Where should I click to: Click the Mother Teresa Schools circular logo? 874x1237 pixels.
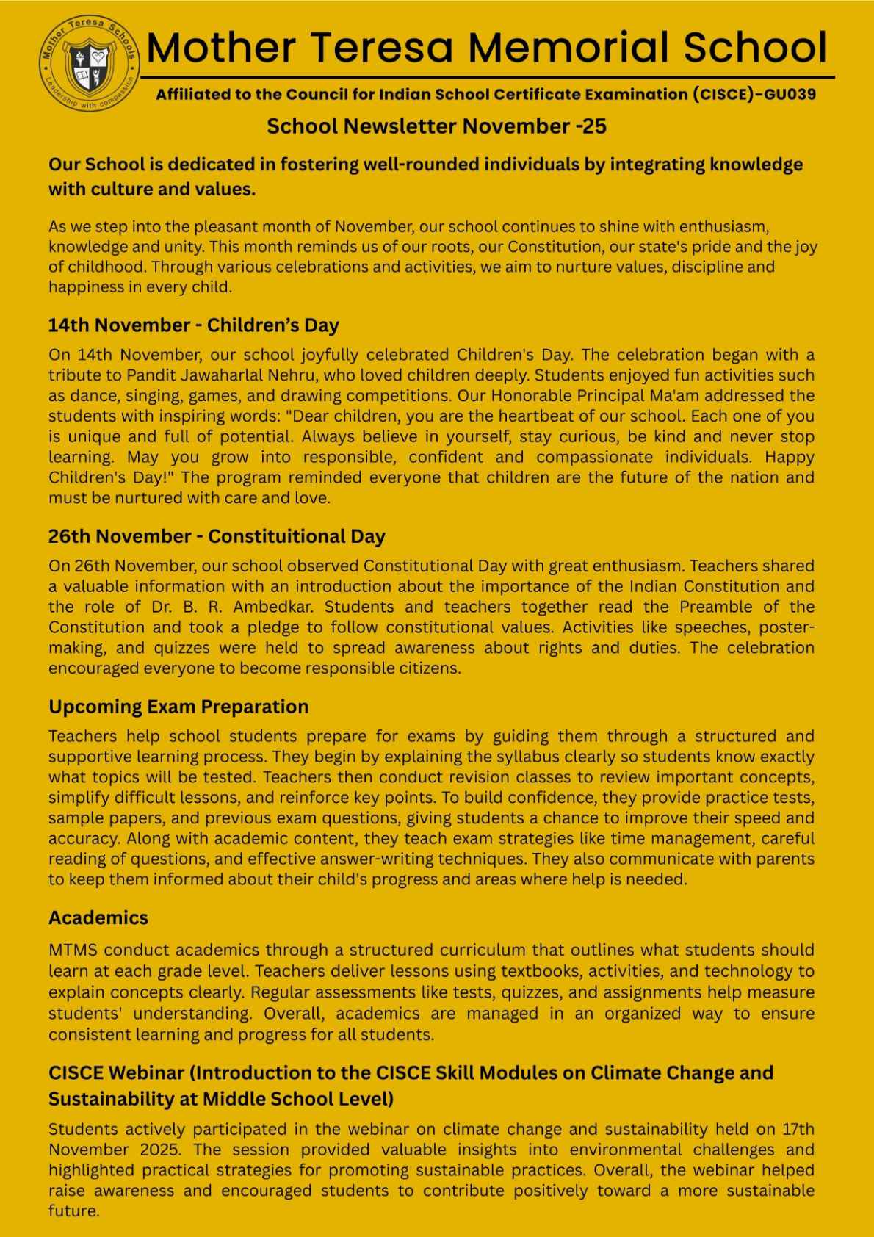89,67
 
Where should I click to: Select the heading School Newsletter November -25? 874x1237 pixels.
436,127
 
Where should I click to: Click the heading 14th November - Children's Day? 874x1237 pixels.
193,325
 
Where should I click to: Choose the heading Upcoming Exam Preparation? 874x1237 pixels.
178,707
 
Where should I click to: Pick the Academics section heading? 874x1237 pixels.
98,917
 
